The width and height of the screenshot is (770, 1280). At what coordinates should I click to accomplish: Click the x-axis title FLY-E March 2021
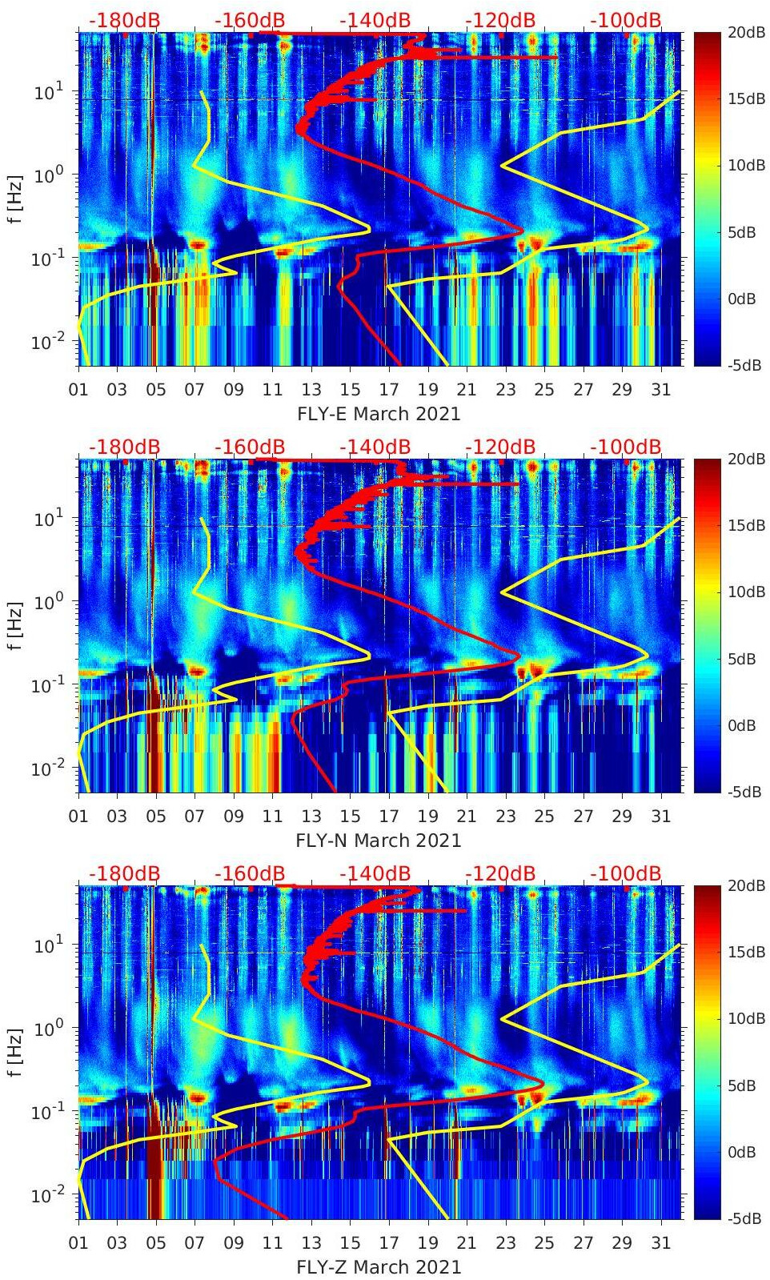[x=379, y=414]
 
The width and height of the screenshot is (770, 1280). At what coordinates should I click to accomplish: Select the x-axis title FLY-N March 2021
[x=379, y=841]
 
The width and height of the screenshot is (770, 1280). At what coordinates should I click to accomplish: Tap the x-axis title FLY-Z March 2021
[x=379, y=1267]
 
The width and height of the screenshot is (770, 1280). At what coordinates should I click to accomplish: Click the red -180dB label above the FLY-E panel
[x=124, y=20]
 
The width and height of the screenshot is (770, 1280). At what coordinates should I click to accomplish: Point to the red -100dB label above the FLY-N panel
[x=626, y=447]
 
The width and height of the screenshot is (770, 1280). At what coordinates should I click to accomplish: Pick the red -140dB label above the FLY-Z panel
[x=375, y=873]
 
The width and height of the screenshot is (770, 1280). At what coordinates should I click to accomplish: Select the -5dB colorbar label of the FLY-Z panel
[x=745, y=1218]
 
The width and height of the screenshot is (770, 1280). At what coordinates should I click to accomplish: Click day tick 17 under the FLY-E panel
[x=389, y=390]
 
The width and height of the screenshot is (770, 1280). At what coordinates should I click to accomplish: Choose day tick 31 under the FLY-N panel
[x=660, y=817]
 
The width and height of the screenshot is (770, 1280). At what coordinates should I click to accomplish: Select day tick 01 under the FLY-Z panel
[x=78, y=1243]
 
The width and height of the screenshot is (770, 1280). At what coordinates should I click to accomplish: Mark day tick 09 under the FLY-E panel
[x=234, y=390]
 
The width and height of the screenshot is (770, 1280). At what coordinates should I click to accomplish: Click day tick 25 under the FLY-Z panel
[x=544, y=1243]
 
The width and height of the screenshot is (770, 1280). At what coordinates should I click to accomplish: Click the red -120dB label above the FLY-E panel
[x=500, y=20]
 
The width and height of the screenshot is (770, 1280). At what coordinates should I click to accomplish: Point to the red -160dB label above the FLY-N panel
[x=250, y=447]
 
